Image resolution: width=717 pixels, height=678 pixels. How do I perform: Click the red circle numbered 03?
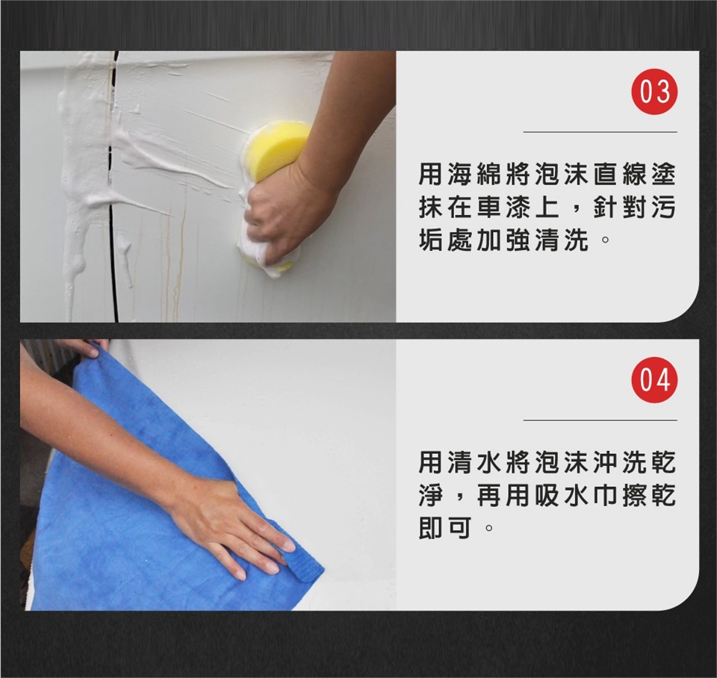654,92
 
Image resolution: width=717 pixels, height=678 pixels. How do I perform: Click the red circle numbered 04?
654,380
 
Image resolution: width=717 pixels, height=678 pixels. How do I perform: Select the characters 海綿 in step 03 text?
462,175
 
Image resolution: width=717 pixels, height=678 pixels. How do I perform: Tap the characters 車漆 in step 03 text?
491,208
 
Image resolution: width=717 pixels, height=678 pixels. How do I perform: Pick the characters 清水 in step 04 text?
462,463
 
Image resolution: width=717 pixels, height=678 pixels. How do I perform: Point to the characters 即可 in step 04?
447,529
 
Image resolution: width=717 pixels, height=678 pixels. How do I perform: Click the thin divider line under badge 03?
600,132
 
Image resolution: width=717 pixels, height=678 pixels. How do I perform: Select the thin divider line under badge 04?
600,420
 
